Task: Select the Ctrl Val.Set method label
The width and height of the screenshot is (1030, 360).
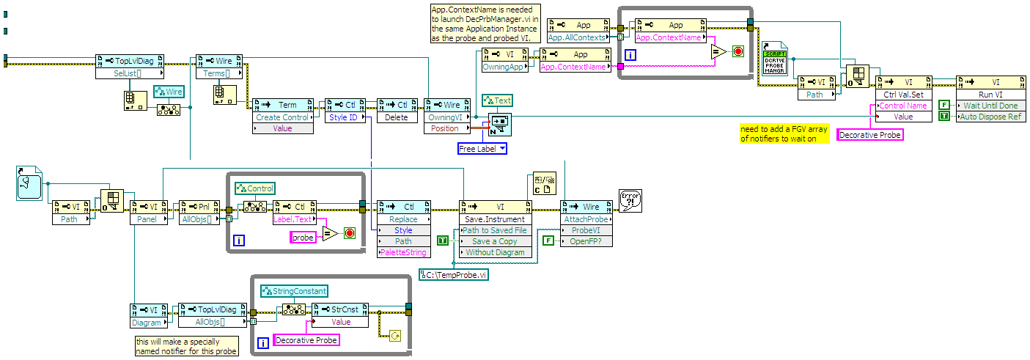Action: click(904, 94)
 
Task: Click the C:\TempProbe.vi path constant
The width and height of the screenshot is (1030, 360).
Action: click(454, 275)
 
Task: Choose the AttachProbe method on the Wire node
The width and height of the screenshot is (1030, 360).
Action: click(586, 219)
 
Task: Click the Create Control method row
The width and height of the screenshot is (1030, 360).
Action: click(282, 117)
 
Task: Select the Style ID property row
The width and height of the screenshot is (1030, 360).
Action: click(345, 117)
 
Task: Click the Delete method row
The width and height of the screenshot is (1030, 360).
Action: click(397, 117)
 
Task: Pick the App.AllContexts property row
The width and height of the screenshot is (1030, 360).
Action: click(575, 37)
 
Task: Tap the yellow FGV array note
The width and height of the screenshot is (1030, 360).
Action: click(784, 133)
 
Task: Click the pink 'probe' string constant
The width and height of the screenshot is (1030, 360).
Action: click(304, 238)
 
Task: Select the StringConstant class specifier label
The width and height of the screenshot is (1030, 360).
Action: click(299, 291)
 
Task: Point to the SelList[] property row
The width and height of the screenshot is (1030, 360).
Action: click(129, 73)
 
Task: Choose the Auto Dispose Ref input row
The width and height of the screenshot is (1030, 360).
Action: click(990, 117)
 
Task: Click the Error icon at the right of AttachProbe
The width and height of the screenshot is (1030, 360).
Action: click(630, 201)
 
